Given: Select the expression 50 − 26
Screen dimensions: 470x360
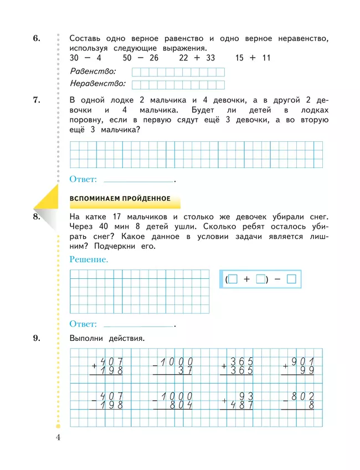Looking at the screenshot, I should click(x=141, y=58).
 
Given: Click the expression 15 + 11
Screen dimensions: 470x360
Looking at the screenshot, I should click(x=253, y=58).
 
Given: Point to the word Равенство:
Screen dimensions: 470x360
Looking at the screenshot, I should click(x=94, y=71).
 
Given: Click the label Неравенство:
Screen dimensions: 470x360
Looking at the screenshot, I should click(x=98, y=84).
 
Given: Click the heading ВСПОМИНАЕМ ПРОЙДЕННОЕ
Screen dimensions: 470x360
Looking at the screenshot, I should click(x=119, y=199).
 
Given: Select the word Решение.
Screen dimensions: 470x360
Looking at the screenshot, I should click(x=89, y=259).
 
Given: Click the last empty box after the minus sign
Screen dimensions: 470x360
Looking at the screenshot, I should click(x=292, y=280).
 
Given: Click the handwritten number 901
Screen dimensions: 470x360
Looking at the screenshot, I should click(x=304, y=360).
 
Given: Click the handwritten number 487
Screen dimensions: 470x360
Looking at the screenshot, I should click(x=241, y=406).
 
